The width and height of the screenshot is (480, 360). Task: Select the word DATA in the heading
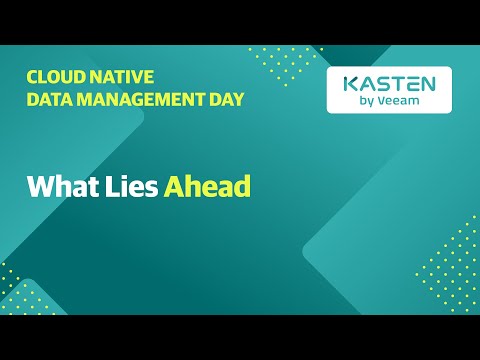[x=49, y=99]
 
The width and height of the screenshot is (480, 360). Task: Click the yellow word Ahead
[x=207, y=186]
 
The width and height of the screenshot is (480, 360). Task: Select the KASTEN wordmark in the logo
[x=389, y=85]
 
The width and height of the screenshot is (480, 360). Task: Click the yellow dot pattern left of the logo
[x=285, y=65]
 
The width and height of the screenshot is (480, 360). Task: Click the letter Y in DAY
[x=239, y=99]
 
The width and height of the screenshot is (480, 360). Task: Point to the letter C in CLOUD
[x=32, y=76]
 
